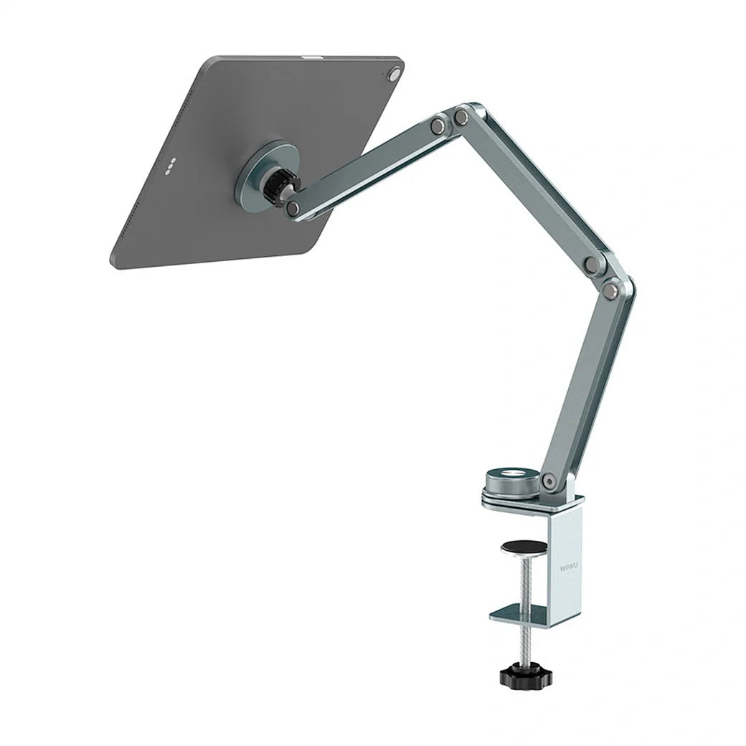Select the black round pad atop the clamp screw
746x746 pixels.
coord(520,546)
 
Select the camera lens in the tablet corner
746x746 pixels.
coord(393,74)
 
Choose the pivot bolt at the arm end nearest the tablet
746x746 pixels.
coord(293,209)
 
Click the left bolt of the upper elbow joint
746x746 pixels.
coord(436,126)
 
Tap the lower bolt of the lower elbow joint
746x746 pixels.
coord(610,290)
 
